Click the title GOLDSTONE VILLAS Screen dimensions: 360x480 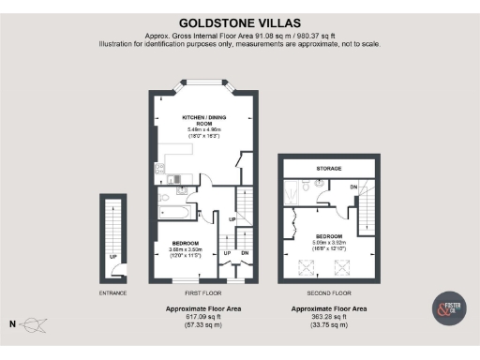tap(239, 22)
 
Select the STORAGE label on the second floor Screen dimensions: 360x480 tap(328, 168)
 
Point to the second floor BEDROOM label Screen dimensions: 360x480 tap(328, 236)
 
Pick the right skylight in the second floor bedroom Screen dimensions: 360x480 tap(337, 264)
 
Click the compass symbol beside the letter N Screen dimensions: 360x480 tap(35, 325)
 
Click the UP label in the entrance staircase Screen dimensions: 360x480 tap(113, 255)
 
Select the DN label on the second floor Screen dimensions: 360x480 tap(353, 187)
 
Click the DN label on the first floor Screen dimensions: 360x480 tap(245, 253)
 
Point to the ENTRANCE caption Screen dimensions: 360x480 tap(113, 292)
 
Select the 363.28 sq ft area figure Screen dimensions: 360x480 tap(328, 316)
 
